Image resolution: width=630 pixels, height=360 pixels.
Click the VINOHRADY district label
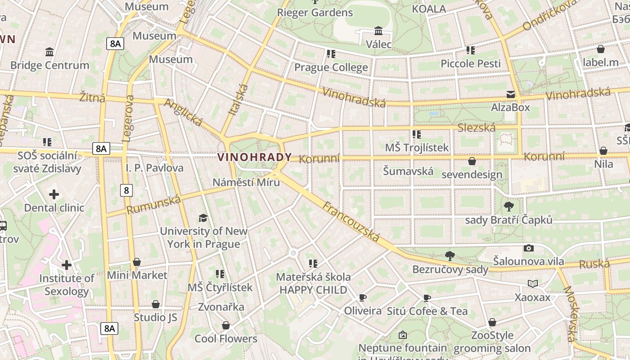255,157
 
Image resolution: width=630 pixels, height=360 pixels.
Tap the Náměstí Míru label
246,182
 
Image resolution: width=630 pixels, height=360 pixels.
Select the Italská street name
239,100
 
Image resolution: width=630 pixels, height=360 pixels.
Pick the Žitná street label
92,97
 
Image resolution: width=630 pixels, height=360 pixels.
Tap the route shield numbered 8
126,190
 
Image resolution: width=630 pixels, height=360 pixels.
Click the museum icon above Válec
378,31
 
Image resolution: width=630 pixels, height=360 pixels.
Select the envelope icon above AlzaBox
511,94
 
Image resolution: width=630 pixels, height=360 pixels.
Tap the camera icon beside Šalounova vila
529,248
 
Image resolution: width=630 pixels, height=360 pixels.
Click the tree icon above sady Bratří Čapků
509,207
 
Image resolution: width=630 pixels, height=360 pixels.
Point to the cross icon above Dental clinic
54,194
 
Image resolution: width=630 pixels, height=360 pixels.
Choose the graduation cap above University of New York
203,218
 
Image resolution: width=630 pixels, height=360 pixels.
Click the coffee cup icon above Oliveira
363,297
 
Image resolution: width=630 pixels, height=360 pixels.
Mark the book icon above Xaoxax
533,283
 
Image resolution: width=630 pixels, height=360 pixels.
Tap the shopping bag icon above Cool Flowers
226,325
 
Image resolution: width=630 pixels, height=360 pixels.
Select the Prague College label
331,67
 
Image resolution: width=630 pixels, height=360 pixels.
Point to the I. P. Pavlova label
155,168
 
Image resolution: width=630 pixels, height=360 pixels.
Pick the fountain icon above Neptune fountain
403,335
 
